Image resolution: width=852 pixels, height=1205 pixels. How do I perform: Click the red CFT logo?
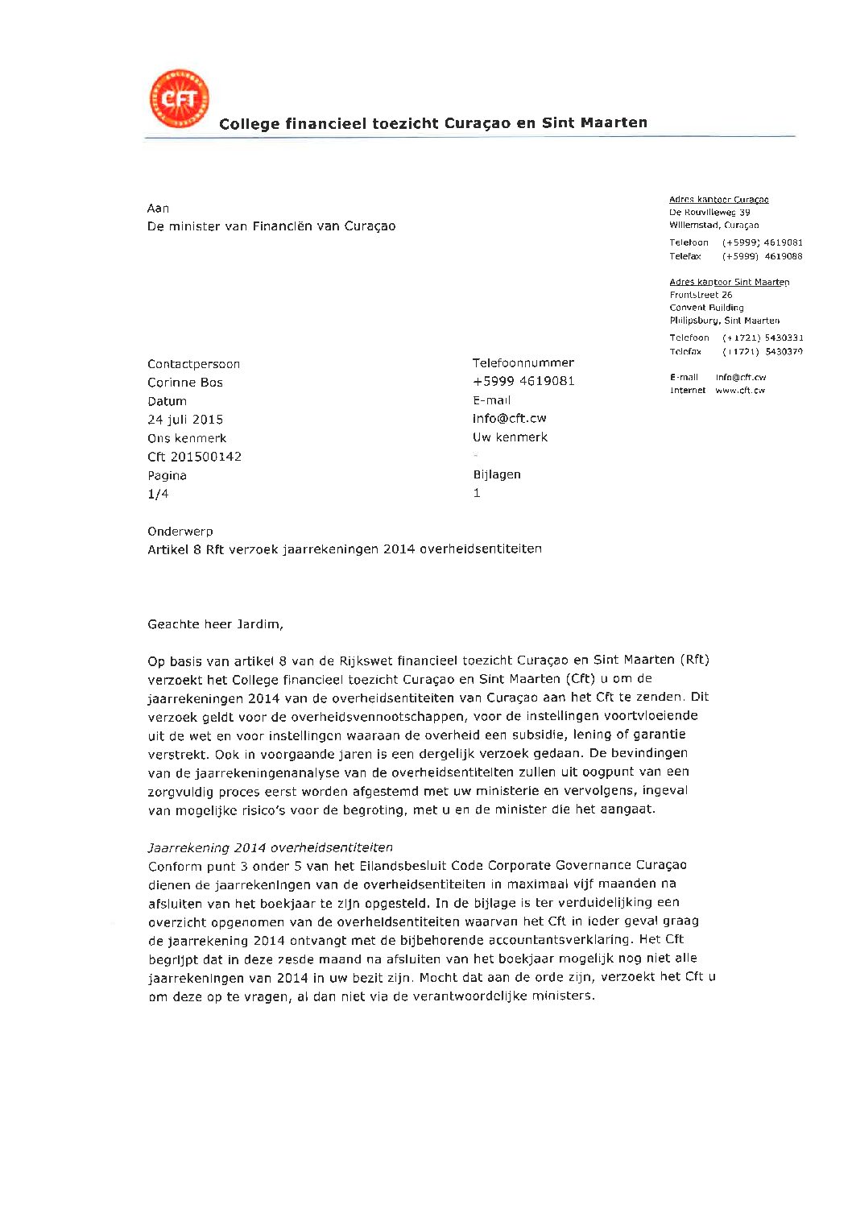(x=179, y=99)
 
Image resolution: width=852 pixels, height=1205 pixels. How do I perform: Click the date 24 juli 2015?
(x=185, y=420)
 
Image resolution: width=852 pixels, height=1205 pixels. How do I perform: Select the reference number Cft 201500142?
(x=194, y=457)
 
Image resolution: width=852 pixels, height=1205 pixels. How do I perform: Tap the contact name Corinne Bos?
(x=185, y=383)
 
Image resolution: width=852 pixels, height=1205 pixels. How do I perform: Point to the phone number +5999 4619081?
(x=523, y=381)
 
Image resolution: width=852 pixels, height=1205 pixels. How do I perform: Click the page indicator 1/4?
(x=158, y=494)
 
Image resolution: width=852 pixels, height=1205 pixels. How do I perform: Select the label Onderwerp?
(x=180, y=532)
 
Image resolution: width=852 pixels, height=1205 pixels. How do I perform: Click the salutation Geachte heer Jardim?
(x=215, y=624)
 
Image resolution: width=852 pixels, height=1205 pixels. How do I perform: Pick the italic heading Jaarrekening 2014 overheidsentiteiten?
(x=270, y=847)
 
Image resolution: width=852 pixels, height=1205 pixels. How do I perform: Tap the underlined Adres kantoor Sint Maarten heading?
(x=729, y=282)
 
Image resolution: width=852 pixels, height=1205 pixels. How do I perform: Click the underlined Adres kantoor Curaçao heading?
(x=718, y=199)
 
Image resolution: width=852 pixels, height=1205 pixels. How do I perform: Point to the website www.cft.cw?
(x=740, y=390)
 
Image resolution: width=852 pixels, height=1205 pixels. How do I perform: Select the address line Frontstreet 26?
(x=701, y=295)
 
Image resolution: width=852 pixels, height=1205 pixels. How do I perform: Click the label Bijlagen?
(x=497, y=474)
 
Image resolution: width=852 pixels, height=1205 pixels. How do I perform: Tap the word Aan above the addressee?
(x=158, y=209)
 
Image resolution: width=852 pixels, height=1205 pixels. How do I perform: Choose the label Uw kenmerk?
(x=510, y=437)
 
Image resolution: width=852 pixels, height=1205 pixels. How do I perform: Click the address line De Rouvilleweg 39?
(x=709, y=212)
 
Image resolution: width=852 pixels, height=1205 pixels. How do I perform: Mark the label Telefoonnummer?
(x=523, y=362)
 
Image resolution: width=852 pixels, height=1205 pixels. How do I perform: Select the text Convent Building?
(x=706, y=308)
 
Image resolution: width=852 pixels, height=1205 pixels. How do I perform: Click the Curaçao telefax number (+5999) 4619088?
(x=762, y=256)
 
